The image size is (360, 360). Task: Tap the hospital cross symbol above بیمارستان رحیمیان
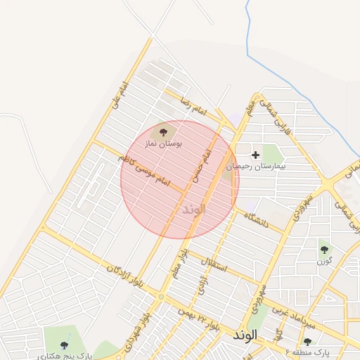tap(255, 154)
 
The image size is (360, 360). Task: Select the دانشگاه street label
tap(256, 220)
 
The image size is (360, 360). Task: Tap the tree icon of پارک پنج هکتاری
tap(64, 345)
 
